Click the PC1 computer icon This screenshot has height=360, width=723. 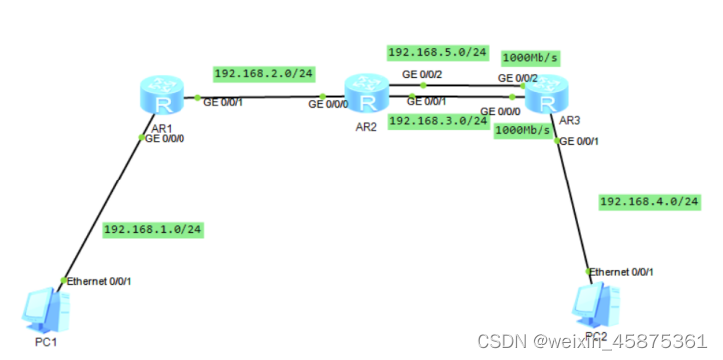point(43,309)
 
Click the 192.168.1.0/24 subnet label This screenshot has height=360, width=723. point(152,230)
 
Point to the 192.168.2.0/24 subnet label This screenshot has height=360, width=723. point(263,73)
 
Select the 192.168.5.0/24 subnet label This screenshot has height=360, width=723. point(437,51)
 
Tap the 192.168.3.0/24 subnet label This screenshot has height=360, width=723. point(437,120)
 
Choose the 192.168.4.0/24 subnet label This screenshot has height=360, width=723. point(649,202)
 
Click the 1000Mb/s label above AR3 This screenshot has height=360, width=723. point(529,57)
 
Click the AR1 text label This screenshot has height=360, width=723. point(161,129)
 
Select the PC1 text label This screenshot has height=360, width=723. point(46,342)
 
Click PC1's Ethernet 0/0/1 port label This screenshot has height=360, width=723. point(99,281)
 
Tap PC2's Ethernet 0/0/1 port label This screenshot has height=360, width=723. point(623,272)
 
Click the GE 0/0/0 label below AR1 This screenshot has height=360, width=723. point(166,139)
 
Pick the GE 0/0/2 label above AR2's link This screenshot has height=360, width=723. point(423,74)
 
